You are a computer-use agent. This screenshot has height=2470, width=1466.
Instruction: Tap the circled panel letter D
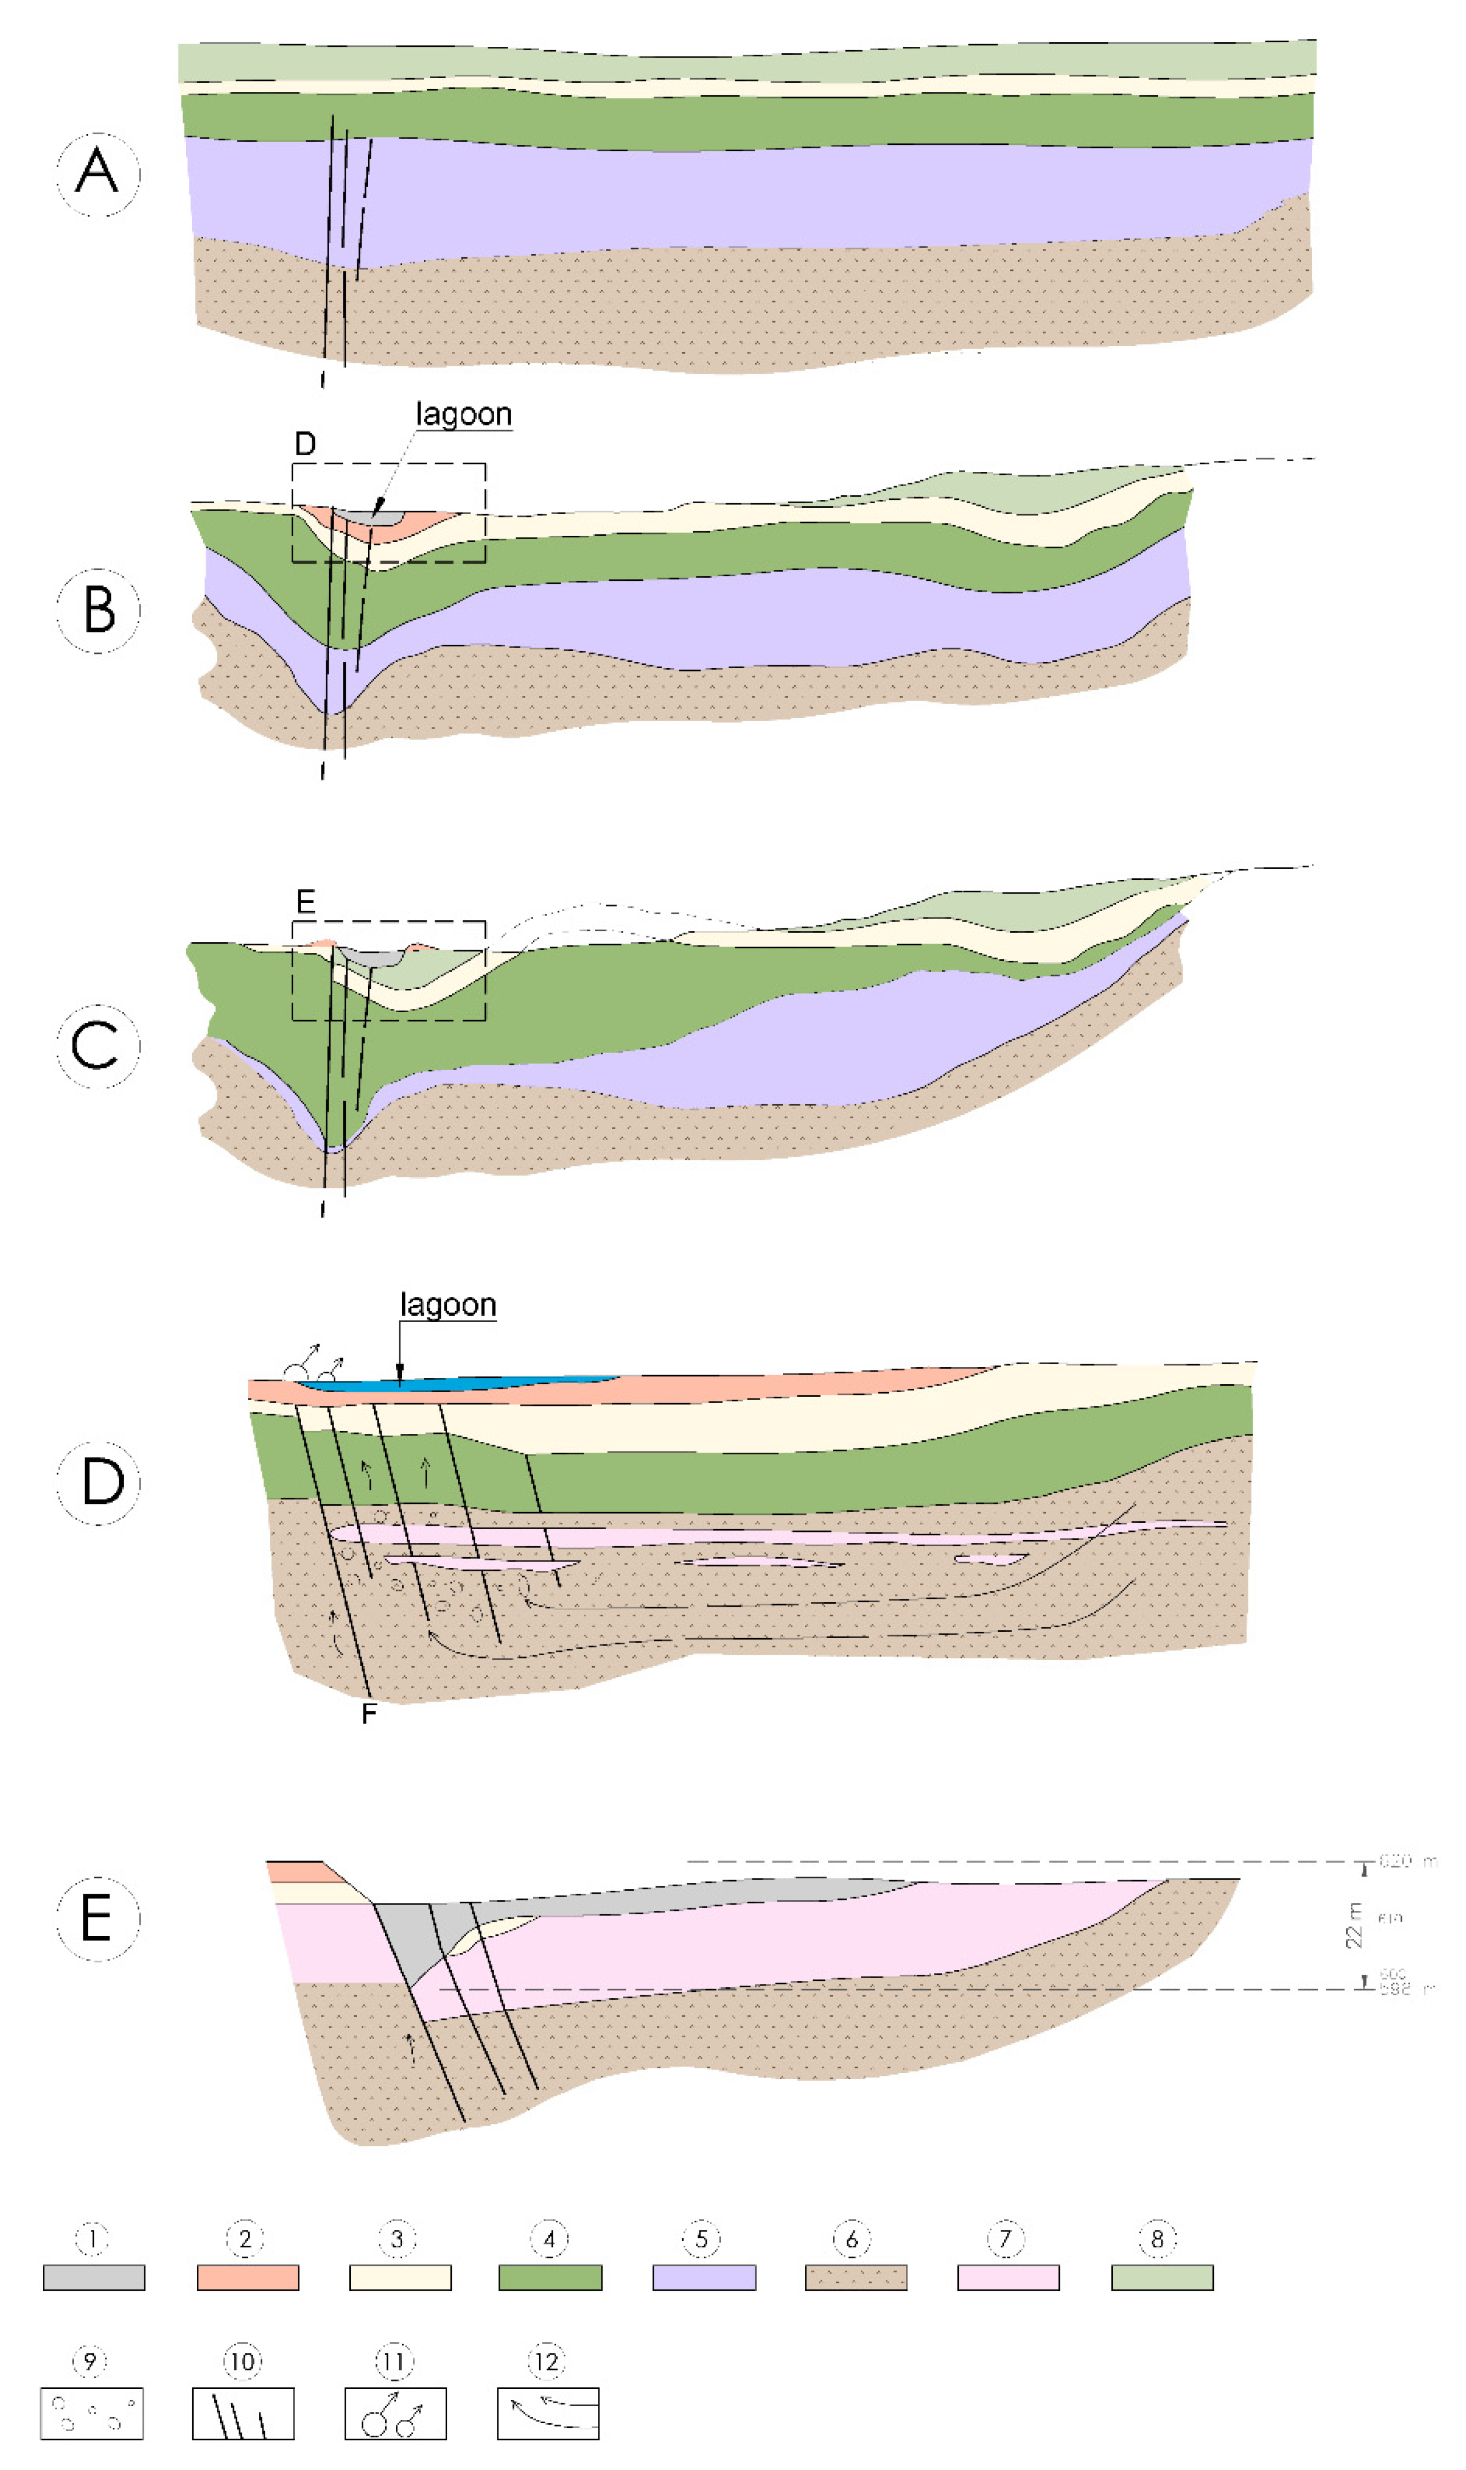click(98, 1482)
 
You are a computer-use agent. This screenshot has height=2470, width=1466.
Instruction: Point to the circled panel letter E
click(98, 1918)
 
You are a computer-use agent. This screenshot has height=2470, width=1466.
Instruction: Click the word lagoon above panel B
click(463, 414)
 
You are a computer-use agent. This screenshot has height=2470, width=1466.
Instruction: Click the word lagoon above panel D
click(448, 1304)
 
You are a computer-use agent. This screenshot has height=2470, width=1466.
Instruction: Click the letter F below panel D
click(368, 1714)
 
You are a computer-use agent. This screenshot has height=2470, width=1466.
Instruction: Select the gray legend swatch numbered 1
click(94, 2277)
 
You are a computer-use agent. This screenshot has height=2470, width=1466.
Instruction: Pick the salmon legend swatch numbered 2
click(248, 2277)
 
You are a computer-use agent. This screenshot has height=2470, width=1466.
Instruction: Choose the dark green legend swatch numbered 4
click(550, 2277)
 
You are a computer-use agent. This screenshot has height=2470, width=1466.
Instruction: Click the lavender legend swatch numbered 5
click(704, 2277)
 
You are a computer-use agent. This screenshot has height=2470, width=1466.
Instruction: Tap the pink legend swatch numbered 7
click(1009, 2277)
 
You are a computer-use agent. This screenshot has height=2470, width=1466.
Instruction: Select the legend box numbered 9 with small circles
click(92, 2413)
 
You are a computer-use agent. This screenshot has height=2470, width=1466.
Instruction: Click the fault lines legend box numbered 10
click(243, 2413)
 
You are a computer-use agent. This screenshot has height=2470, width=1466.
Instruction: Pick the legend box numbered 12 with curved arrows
click(548, 2413)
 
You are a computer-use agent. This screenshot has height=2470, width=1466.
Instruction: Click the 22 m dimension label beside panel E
click(1354, 1925)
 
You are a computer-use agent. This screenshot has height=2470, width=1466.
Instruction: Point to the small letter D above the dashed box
click(305, 444)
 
